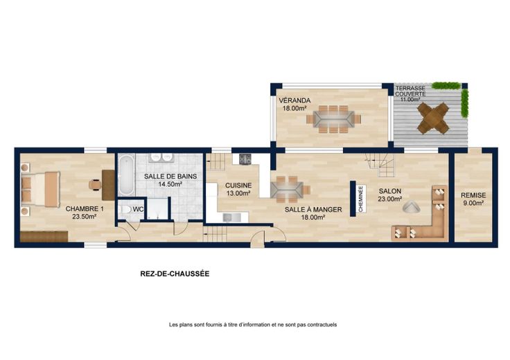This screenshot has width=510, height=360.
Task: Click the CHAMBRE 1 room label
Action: (x=85, y=208)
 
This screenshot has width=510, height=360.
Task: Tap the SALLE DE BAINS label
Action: (x=170, y=177)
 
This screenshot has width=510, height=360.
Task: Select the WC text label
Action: (x=138, y=210)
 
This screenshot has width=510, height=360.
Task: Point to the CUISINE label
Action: (x=238, y=186)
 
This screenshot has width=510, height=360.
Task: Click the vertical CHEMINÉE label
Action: (x=361, y=199)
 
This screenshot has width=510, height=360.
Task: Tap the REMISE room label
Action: (x=473, y=195)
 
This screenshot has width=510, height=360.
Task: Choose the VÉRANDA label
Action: (x=294, y=100)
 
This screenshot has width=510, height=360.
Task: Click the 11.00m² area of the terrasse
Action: (x=410, y=100)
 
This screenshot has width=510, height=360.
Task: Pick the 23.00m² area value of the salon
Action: (x=389, y=199)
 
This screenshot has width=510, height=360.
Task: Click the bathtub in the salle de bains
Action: (x=126, y=175)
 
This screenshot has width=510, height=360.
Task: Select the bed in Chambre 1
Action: (x=40, y=189)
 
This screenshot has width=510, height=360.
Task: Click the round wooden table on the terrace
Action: (x=433, y=118)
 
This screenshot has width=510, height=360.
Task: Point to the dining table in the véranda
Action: (x=333, y=119)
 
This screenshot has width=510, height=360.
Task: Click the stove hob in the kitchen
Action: (x=245, y=159)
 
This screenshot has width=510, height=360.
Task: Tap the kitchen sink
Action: (x=232, y=217)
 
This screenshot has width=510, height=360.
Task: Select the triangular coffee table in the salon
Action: (x=412, y=206)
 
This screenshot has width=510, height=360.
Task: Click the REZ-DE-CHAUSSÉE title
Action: (x=175, y=274)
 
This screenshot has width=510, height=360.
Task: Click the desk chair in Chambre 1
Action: (x=95, y=185)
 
